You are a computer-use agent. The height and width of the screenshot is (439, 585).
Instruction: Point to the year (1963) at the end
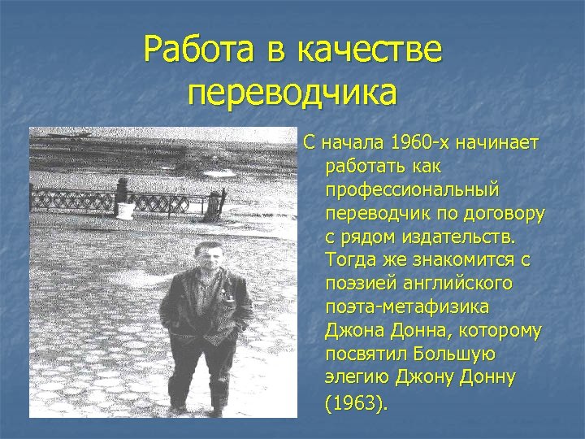[357, 403]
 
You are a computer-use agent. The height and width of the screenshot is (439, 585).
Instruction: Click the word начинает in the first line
[500, 144]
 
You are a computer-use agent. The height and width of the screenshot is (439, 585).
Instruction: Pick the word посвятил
[363, 356]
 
